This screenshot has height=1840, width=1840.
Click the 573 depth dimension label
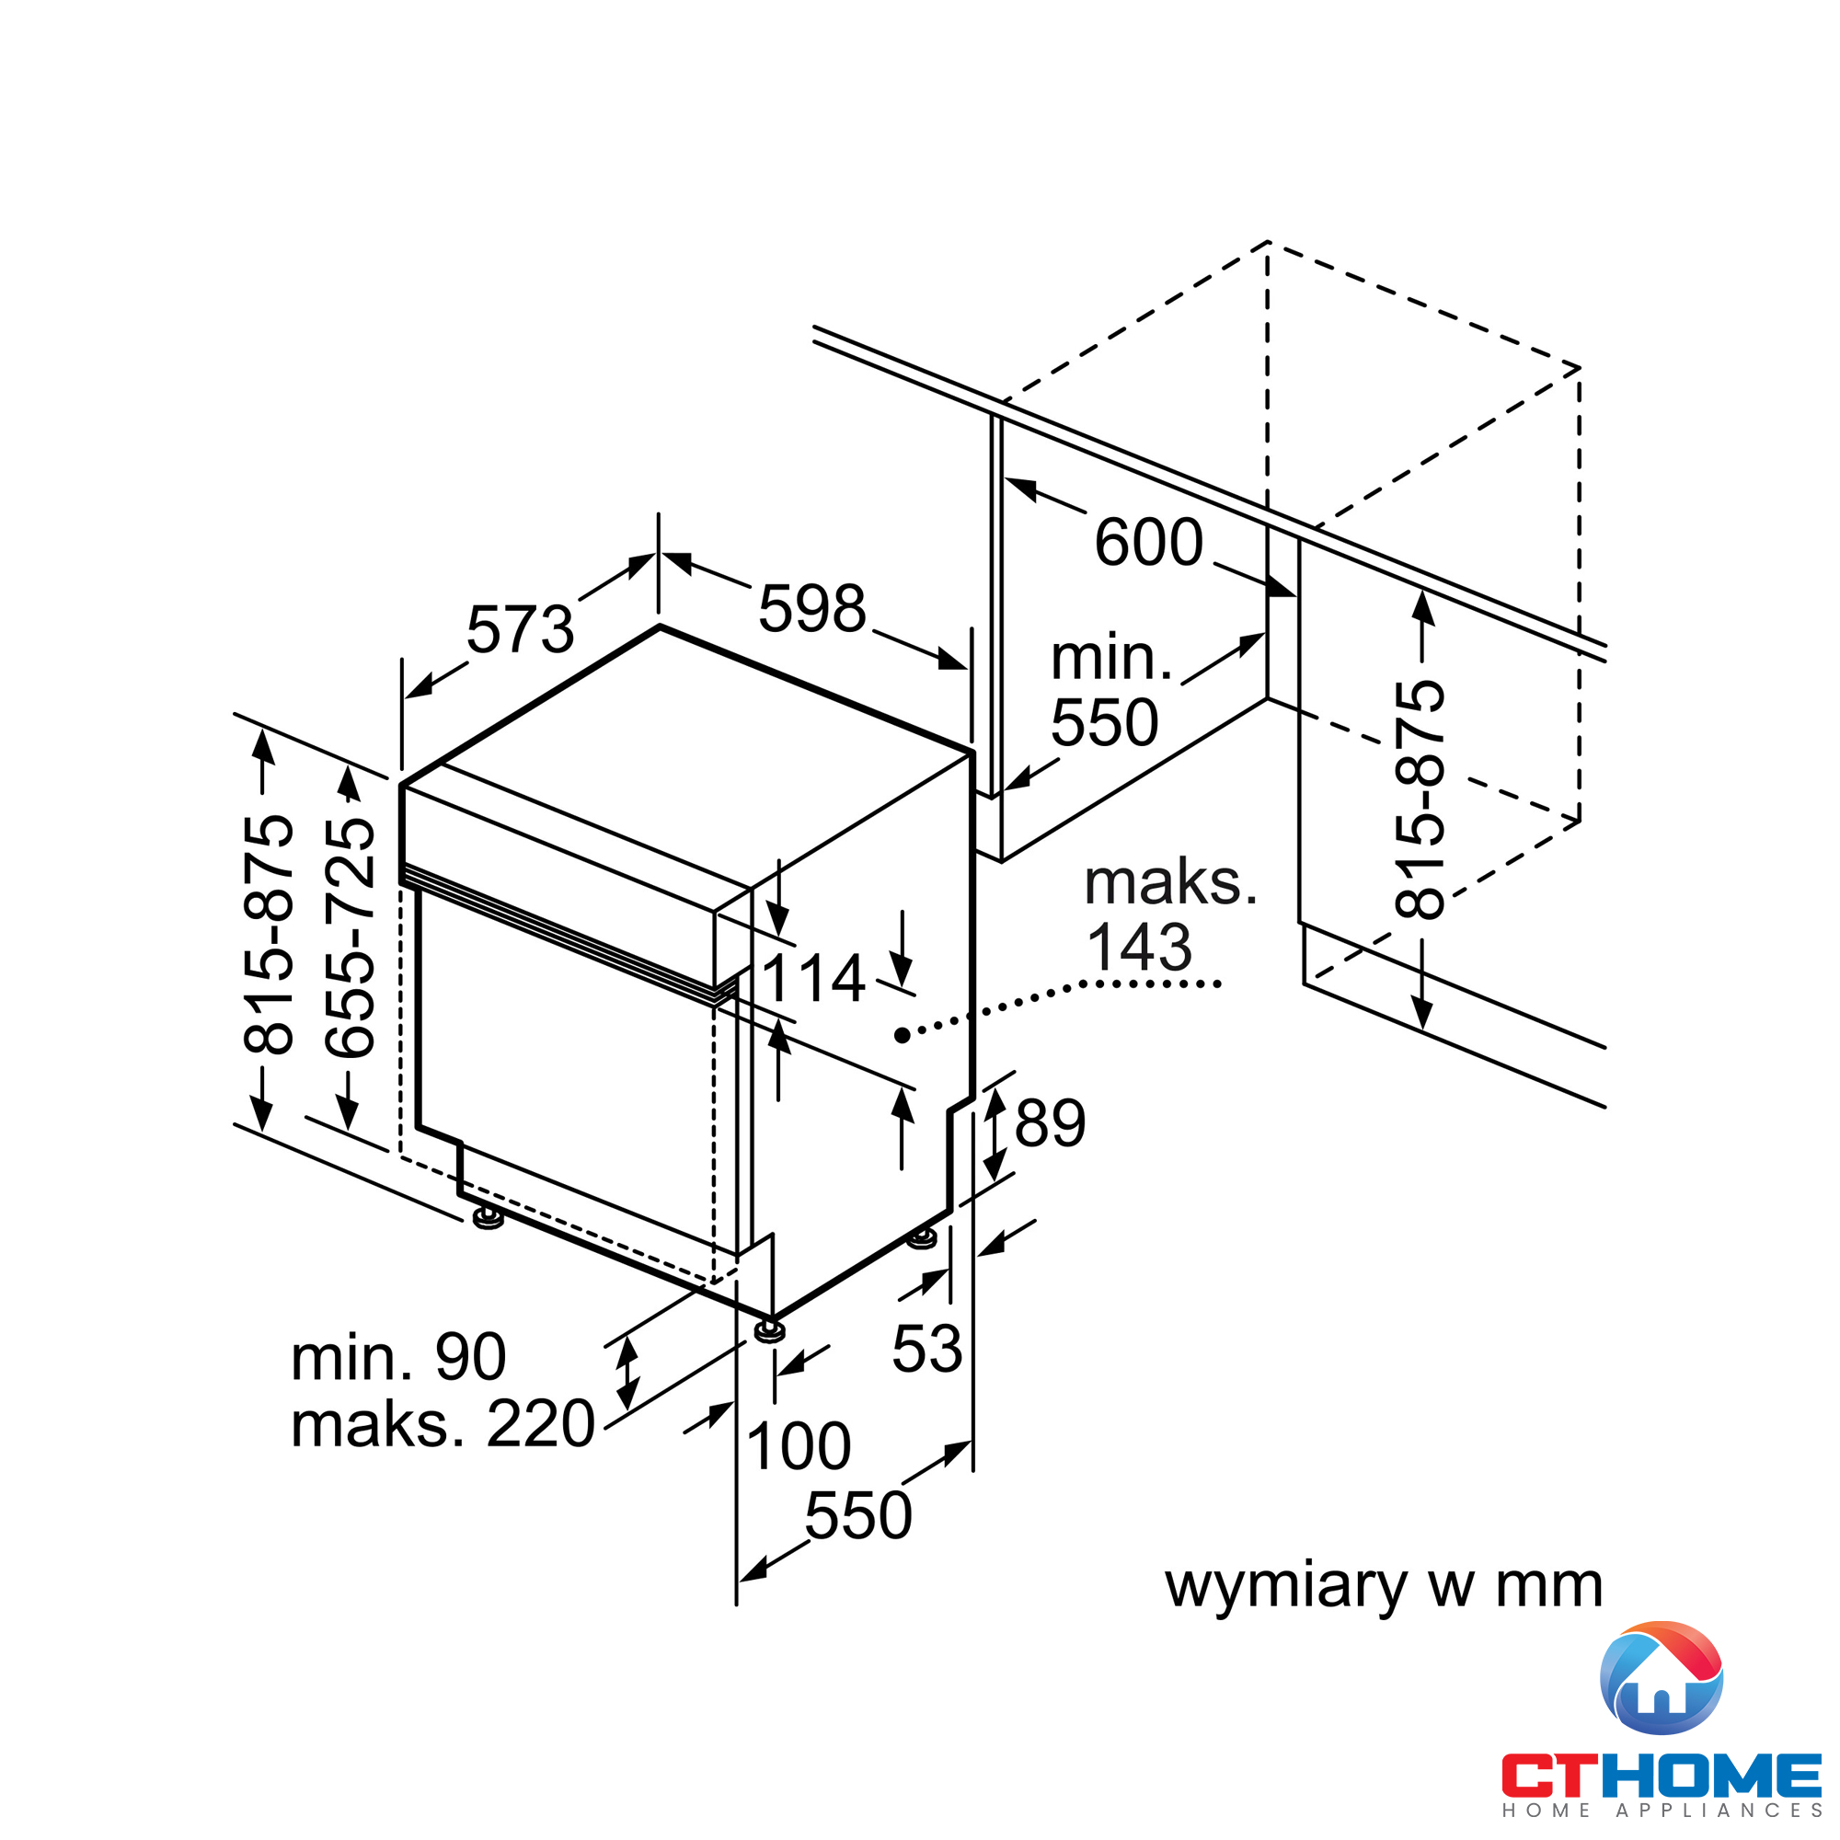(520, 629)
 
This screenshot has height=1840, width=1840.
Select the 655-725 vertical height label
(350, 937)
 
